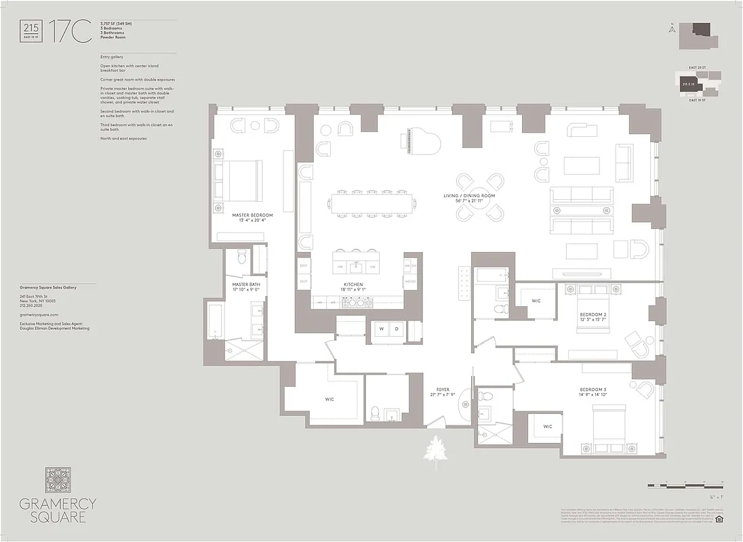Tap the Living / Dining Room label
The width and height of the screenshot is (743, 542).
(x=469, y=196)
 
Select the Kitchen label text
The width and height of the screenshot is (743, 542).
(x=353, y=285)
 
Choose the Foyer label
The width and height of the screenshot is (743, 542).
(x=443, y=390)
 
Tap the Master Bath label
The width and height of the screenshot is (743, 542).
(x=245, y=285)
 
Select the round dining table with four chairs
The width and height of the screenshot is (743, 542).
(x=480, y=197)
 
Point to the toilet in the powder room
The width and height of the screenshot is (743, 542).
(x=375, y=411)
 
